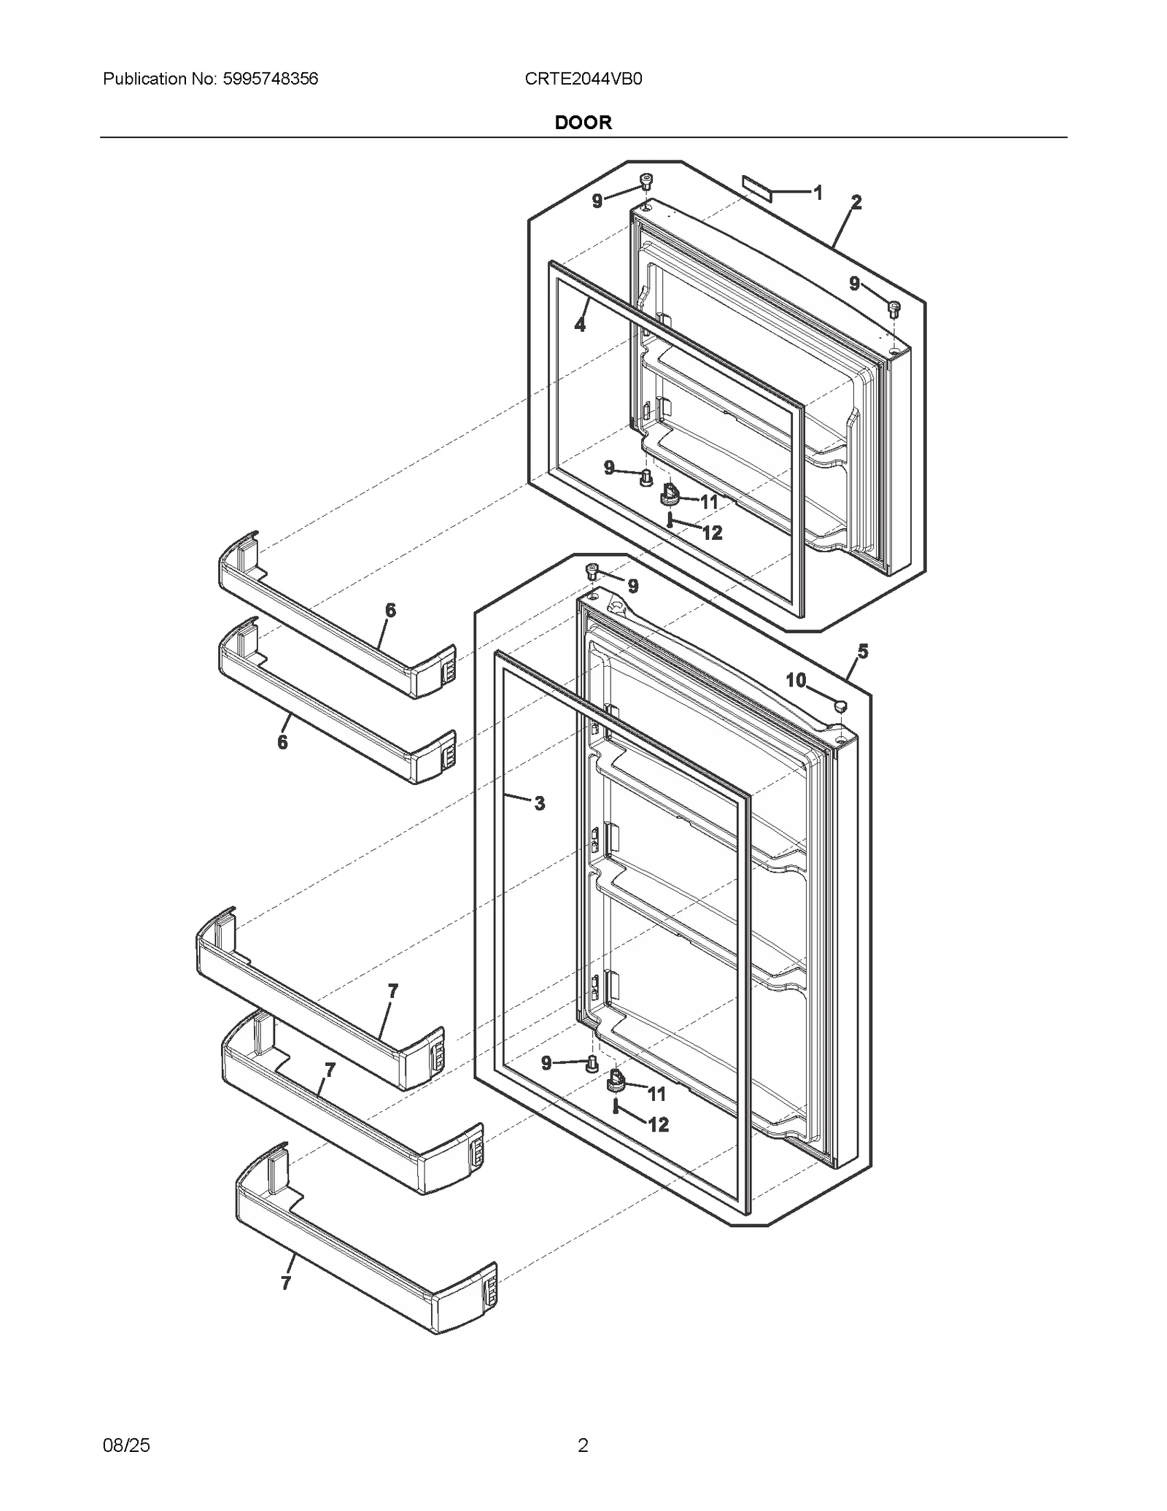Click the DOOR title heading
(x=583, y=123)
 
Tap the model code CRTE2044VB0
(x=583, y=79)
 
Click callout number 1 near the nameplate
(x=818, y=193)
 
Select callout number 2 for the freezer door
(x=856, y=203)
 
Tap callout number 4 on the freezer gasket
(x=580, y=325)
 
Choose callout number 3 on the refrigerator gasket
(x=539, y=803)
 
